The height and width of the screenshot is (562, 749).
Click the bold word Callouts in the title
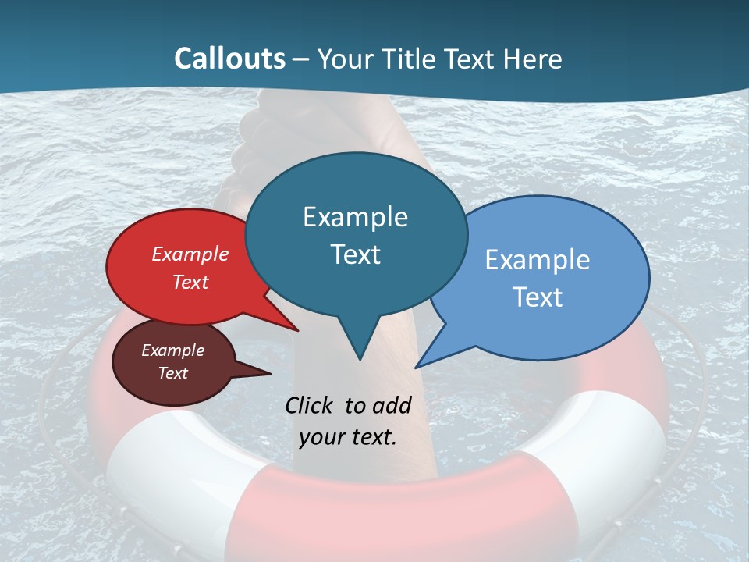[229, 59]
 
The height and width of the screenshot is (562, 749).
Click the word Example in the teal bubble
[355, 217]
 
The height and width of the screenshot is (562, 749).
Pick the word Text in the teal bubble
[355, 254]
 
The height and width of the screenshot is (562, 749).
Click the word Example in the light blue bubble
[538, 260]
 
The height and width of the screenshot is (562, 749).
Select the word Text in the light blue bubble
[538, 297]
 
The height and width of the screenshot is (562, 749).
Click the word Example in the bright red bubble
[190, 254]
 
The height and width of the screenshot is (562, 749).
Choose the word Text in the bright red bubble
[190, 282]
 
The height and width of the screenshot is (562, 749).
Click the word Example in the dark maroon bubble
[172, 350]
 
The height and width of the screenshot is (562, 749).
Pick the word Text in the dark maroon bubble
[172, 373]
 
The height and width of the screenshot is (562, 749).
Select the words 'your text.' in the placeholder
[348, 437]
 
